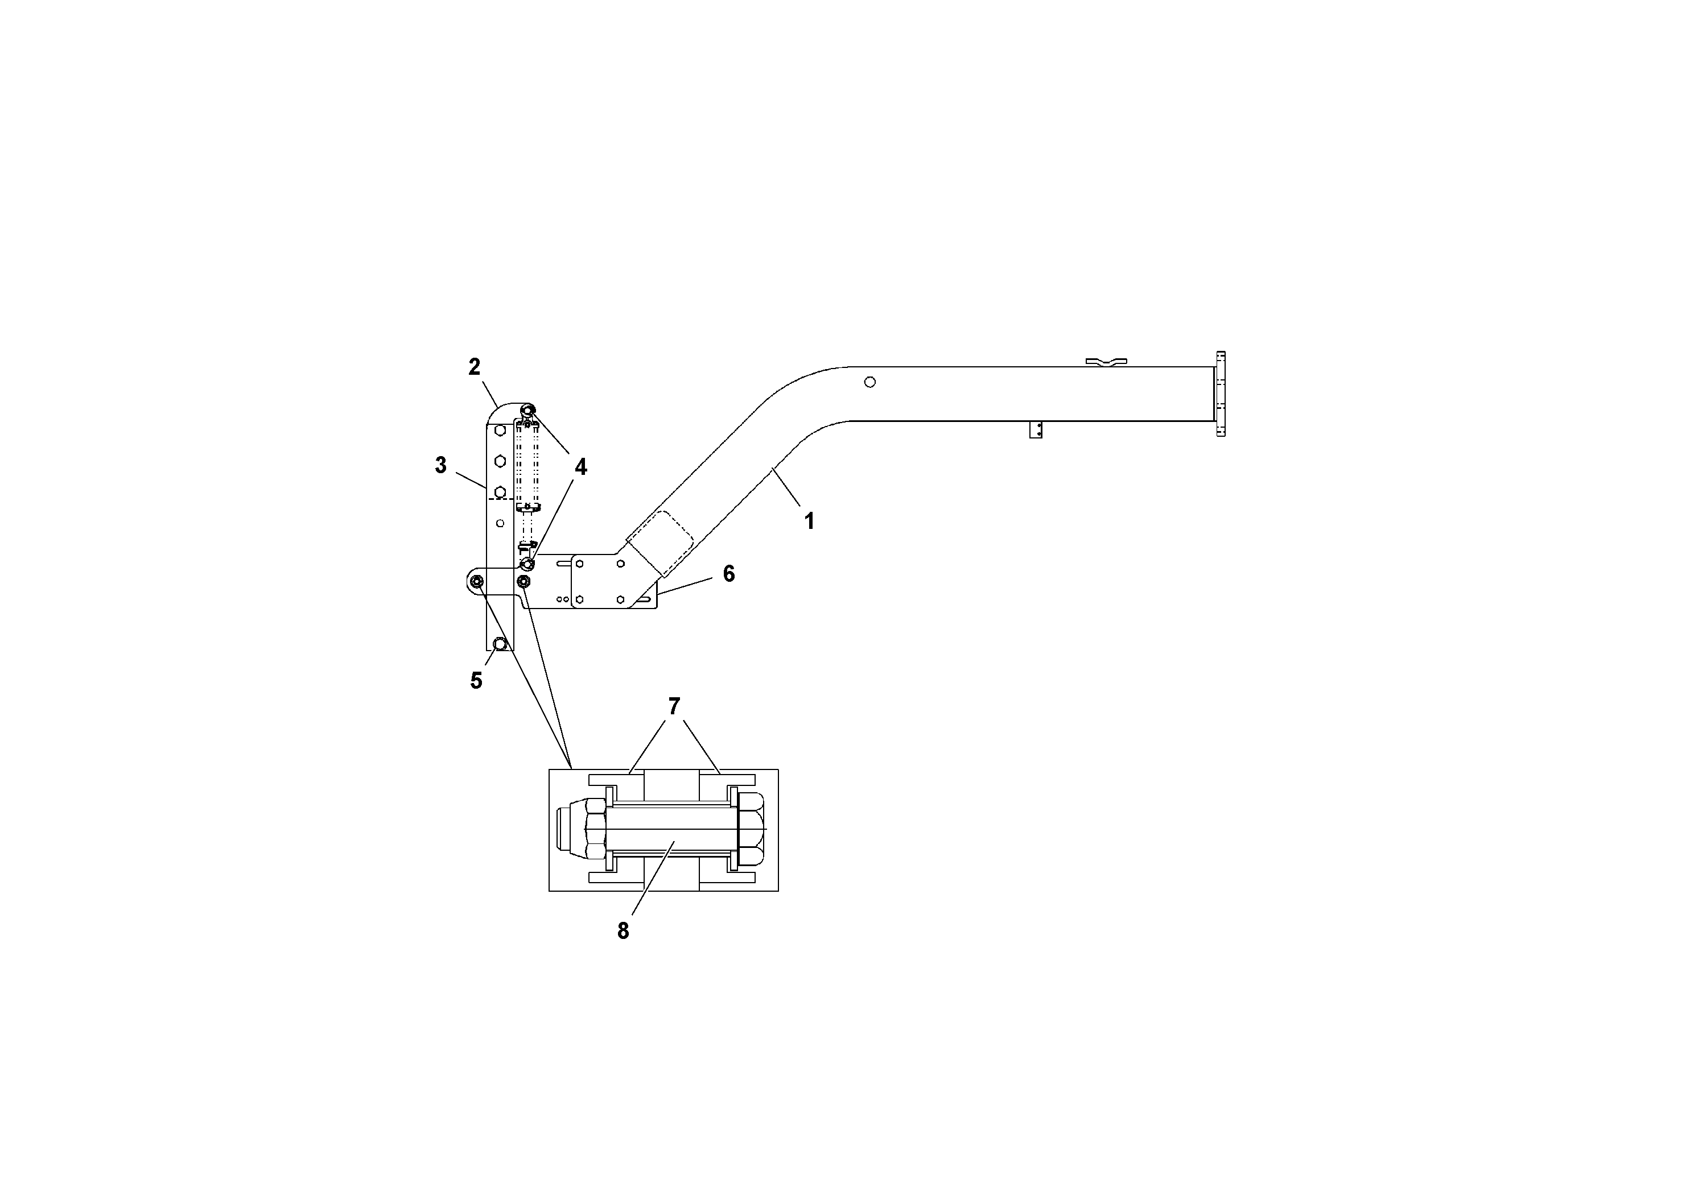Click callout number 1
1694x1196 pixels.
point(809,522)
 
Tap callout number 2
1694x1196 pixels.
point(475,366)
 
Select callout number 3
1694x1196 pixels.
point(440,465)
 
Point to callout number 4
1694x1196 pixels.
point(580,467)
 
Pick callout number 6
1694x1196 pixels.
point(728,574)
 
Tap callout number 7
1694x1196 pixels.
point(674,706)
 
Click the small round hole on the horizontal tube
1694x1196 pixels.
point(870,382)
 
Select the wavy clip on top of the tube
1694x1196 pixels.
point(1106,361)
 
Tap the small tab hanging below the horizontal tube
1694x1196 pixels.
point(1035,430)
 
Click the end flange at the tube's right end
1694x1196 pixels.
point(1221,394)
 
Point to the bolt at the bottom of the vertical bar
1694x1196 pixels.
point(500,644)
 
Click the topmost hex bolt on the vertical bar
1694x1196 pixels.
point(500,430)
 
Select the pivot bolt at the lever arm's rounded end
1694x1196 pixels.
point(477,582)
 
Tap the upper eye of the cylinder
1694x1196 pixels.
point(527,410)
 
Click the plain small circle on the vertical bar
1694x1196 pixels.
point(500,523)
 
